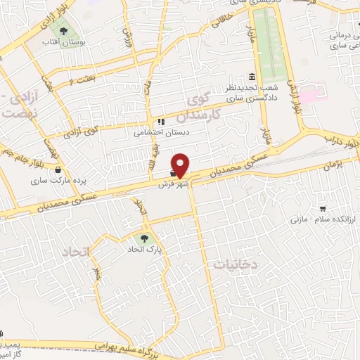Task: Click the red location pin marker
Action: tap(180, 165)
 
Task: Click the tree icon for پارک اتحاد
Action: tap(145, 238)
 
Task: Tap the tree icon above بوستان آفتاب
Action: tap(64, 32)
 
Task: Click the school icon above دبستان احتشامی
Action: tap(161, 120)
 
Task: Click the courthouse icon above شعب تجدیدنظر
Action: tap(252, 77)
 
